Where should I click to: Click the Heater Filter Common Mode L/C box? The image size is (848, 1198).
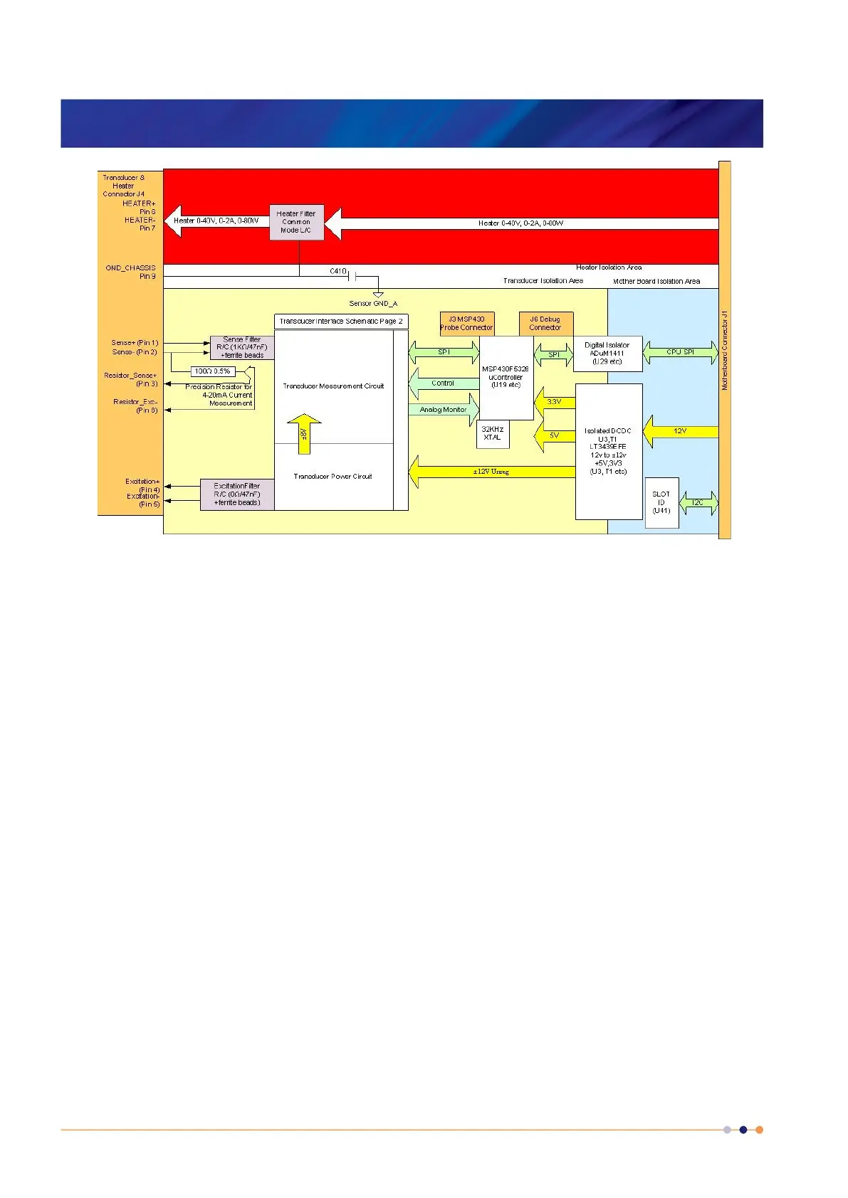[x=296, y=222]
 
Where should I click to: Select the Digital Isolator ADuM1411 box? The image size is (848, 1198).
[x=607, y=354]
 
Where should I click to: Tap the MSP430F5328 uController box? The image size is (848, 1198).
[x=506, y=377]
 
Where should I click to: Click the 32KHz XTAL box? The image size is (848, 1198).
[x=492, y=433]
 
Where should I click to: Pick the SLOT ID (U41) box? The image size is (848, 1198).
[x=661, y=502]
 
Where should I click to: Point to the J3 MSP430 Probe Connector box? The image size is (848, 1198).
[x=466, y=324]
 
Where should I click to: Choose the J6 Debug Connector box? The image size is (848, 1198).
[x=545, y=324]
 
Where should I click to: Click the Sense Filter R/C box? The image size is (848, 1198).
[x=242, y=348]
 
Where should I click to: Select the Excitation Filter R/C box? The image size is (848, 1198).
[x=237, y=494]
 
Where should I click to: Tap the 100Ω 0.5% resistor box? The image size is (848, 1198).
[x=213, y=371]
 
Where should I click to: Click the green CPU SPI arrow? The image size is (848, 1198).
[x=680, y=352]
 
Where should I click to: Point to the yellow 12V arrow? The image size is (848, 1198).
[x=680, y=431]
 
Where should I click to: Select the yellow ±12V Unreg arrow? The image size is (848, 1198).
[x=491, y=472]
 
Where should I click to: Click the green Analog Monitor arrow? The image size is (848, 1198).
[x=443, y=410]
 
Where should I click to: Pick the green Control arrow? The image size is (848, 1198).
[x=443, y=383]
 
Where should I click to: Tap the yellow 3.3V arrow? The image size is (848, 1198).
[x=554, y=402]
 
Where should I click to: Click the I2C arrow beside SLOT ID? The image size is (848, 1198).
[x=698, y=503]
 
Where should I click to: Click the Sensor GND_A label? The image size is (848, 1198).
[x=373, y=304]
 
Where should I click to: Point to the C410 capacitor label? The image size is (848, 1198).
[x=337, y=272]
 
